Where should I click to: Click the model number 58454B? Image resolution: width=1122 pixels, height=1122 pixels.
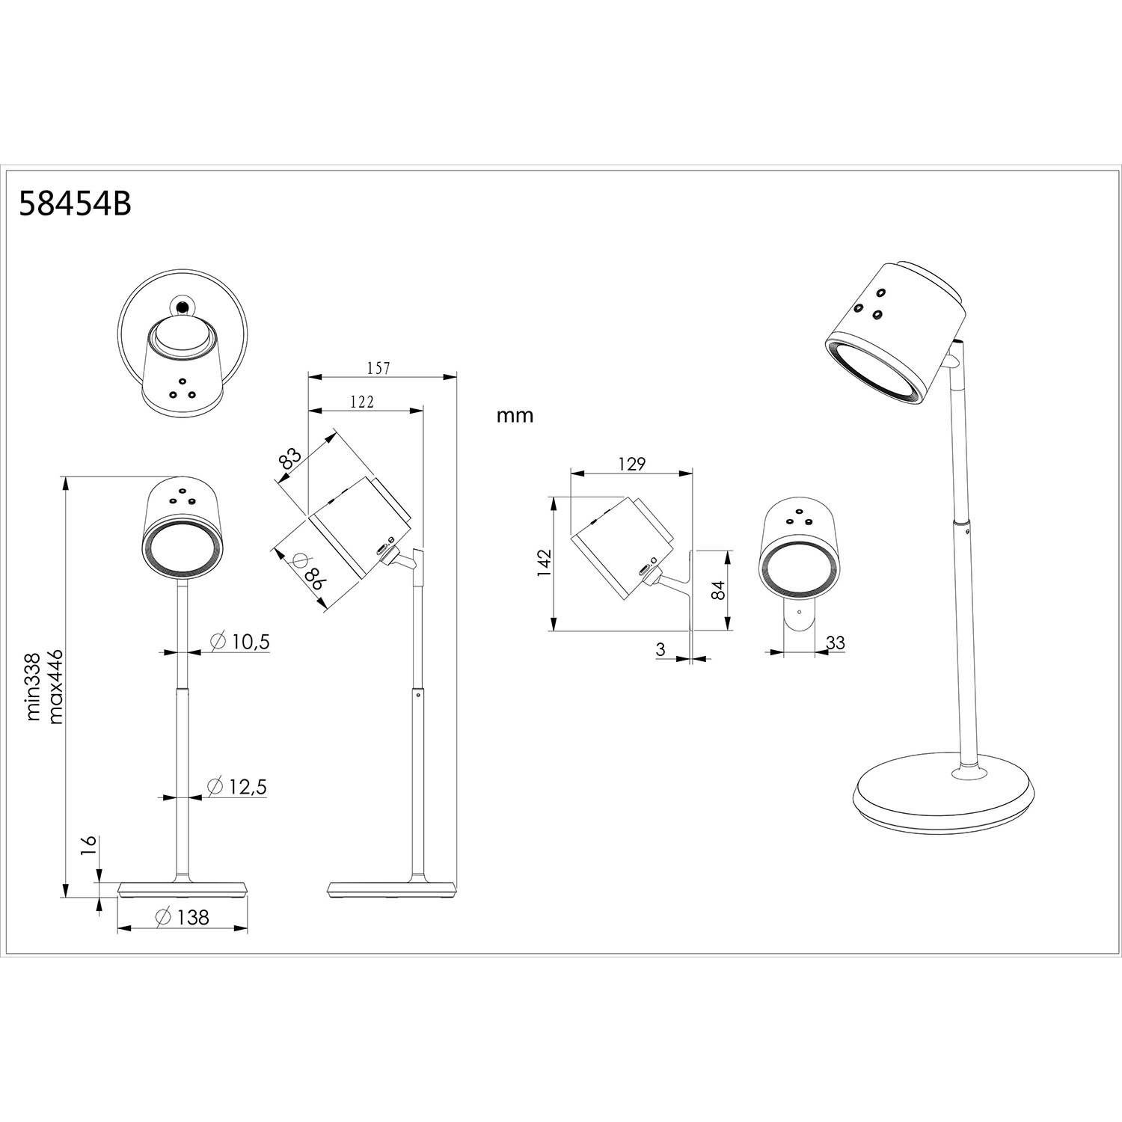[x=75, y=203]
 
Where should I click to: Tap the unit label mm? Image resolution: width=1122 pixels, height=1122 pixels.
[x=515, y=416]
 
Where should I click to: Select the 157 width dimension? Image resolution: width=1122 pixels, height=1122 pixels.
[x=379, y=367]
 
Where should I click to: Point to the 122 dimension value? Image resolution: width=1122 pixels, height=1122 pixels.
[x=361, y=402]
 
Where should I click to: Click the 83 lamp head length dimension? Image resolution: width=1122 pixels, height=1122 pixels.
[x=289, y=458]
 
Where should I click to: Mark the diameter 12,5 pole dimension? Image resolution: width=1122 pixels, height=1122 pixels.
[x=237, y=786]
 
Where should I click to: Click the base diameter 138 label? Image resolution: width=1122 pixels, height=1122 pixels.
[x=183, y=916]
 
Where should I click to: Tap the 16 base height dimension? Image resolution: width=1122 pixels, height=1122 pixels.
[x=89, y=845]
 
